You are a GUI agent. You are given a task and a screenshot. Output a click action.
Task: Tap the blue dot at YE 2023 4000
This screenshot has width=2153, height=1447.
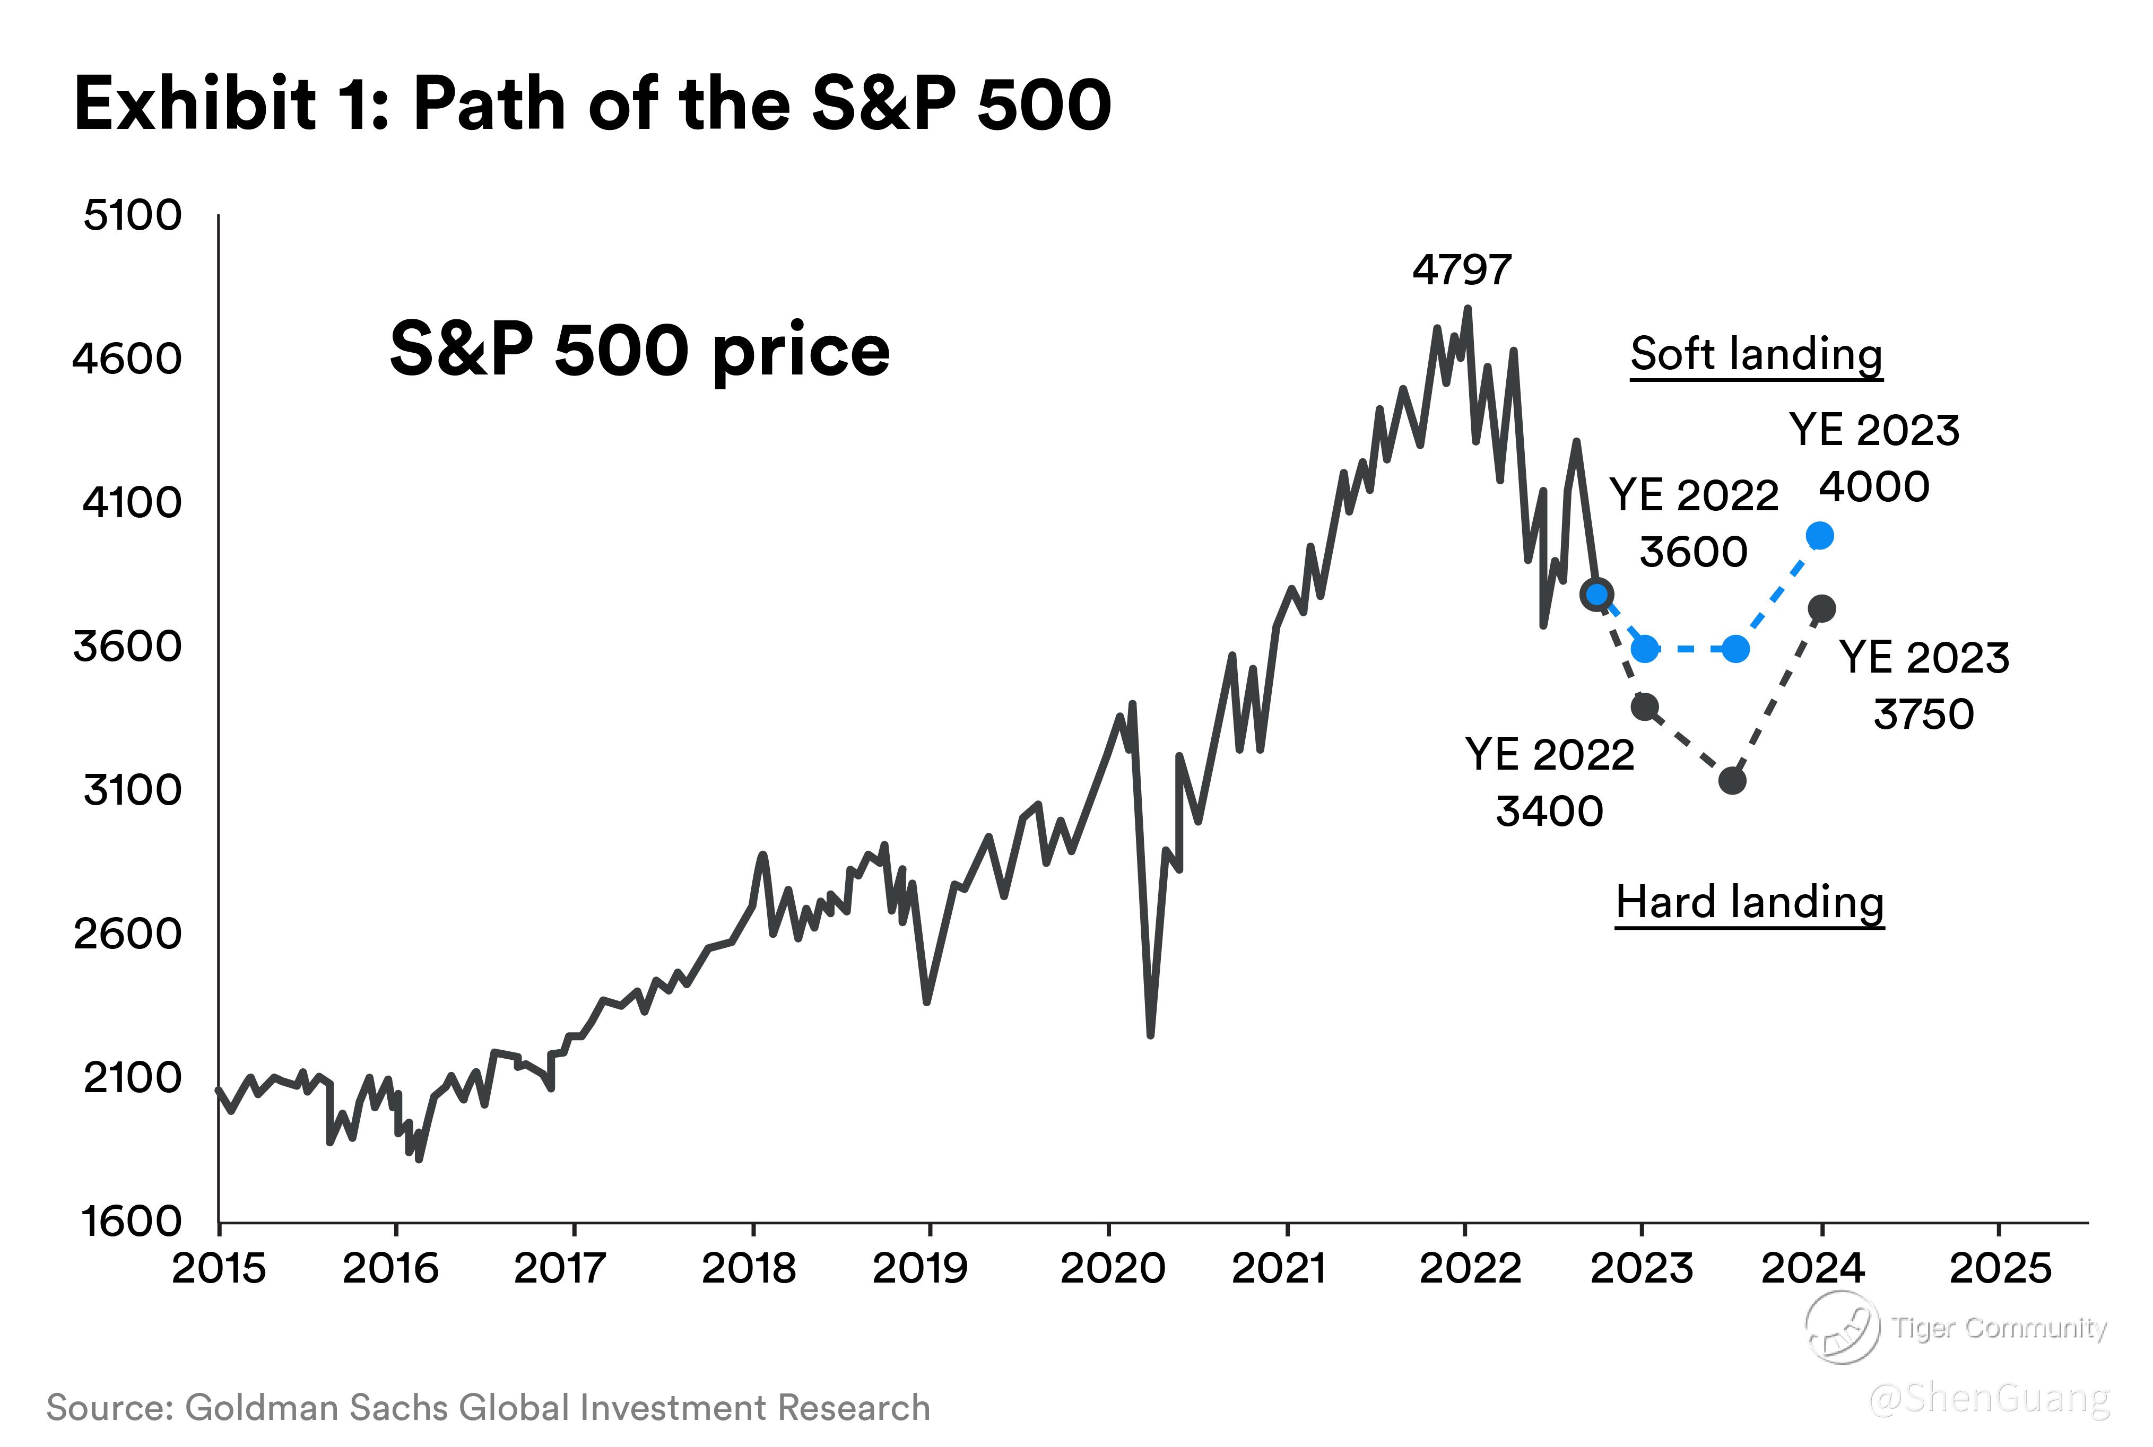[x=1819, y=535]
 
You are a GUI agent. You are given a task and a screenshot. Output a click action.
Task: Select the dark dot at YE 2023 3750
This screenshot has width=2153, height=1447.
[x=1821, y=608]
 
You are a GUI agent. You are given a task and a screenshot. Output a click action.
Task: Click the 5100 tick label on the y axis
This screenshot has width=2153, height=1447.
[x=133, y=216]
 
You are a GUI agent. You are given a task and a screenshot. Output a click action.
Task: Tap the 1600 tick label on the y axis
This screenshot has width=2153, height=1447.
[x=133, y=1221]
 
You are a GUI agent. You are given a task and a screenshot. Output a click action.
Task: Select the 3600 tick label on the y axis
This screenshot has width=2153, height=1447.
[x=128, y=646]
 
